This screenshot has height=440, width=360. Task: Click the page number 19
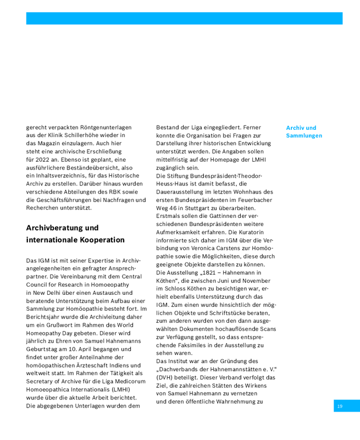click(340, 406)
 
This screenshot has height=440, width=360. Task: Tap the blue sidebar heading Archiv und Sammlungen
click(304, 131)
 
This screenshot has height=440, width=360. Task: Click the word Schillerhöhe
click(97, 135)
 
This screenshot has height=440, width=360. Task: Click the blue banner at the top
click(184, 19)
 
